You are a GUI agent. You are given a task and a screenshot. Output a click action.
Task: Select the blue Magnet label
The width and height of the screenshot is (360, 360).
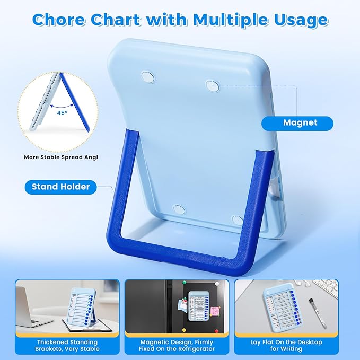click(300, 123)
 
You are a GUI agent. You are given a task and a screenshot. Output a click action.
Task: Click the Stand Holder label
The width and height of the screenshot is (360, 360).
click(60, 187)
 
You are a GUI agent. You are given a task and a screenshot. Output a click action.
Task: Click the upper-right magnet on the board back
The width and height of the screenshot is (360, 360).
click(212, 85)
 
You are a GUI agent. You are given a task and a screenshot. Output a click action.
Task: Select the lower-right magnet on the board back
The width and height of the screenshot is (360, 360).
click(237, 219)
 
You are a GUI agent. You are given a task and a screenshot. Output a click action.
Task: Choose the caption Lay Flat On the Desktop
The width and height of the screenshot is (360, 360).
click(293, 346)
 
